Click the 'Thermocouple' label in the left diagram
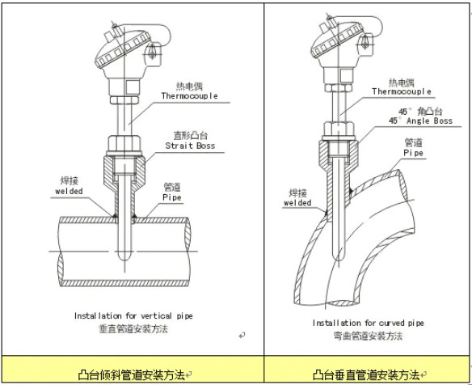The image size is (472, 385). coord(189,95)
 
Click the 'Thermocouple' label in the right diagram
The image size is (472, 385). coord(401,91)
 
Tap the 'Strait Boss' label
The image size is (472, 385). coord(190,146)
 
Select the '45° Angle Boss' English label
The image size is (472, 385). coord(420,121)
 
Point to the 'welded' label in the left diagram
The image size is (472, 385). coord(69,191)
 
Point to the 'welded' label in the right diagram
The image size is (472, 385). coord(297,203)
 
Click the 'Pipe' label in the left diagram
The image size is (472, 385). coord(172,197)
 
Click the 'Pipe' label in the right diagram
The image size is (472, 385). coord(413,153)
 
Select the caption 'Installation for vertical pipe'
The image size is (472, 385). coord(133,315)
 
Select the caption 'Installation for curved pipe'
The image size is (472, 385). coord(369,323)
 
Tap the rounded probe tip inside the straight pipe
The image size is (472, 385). coord(124,256)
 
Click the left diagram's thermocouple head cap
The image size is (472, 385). coord(123,49)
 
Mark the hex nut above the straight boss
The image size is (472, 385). coord(124,144)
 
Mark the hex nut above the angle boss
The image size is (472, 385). coord(339,129)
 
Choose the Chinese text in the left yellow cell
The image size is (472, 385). coord(131,375)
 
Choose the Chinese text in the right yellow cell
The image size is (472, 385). coord(366,375)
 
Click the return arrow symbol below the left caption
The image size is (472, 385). coord(242,335)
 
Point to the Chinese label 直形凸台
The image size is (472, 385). coord(190,135)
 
